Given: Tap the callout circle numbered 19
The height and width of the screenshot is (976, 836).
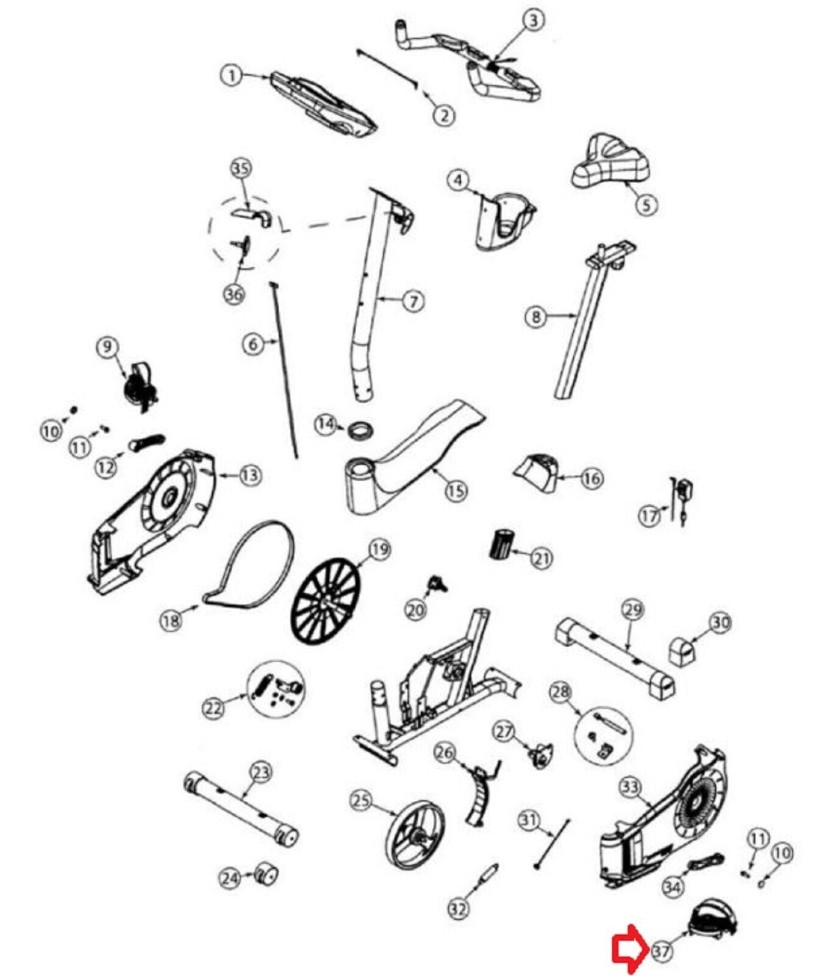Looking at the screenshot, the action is tap(379, 550).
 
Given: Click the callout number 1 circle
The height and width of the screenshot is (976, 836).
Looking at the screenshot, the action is tap(231, 76).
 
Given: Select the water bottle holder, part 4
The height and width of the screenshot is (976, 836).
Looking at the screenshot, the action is tap(505, 220).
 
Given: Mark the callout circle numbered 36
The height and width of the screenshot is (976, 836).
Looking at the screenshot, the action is tap(234, 293).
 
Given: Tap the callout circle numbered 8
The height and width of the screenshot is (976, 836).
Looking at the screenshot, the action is tap(536, 316).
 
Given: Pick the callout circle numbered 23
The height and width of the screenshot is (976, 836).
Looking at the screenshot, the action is tap(260, 772).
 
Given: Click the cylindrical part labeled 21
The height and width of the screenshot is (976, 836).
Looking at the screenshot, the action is tap(502, 544).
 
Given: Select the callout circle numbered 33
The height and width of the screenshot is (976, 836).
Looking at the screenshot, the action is tap(629, 788).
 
